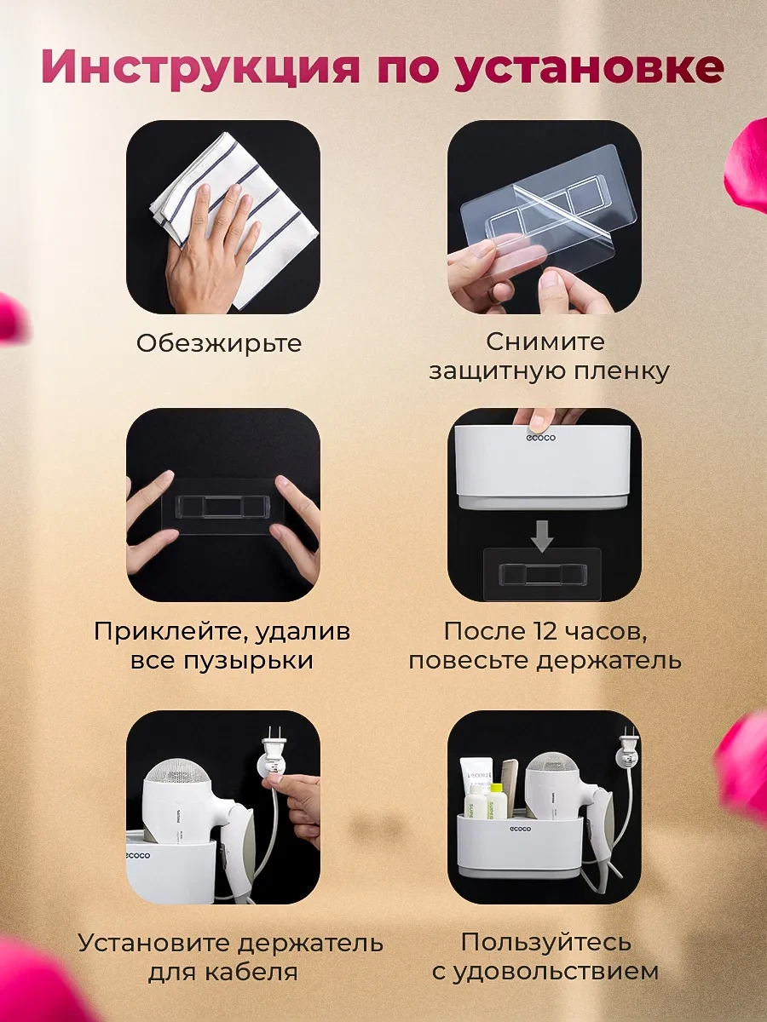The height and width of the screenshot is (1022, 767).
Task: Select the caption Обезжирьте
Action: click(x=219, y=343)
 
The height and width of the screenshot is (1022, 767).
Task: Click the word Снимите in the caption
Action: click(x=545, y=342)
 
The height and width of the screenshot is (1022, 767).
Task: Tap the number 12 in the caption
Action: click(x=545, y=631)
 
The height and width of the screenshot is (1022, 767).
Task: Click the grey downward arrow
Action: click(x=543, y=537)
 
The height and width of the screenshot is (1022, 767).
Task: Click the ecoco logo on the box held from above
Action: click(x=541, y=438)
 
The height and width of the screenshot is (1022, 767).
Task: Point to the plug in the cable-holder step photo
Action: click(x=274, y=754)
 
